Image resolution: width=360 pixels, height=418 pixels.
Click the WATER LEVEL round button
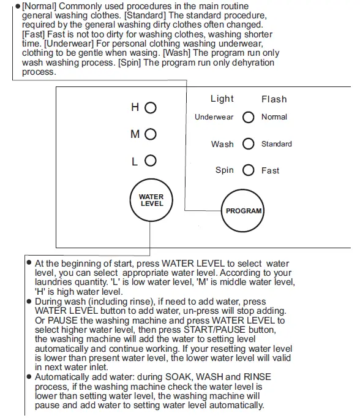(x=152, y=200)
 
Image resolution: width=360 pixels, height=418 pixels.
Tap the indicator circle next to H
(x=151, y=108)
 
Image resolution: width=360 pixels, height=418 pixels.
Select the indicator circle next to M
(x=151, y=134)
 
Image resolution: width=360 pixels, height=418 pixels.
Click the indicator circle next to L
(x=151, y=161)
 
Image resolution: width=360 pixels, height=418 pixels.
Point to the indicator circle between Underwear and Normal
(x=248, y=117)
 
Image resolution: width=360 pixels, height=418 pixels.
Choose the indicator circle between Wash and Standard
(x=248, y=144)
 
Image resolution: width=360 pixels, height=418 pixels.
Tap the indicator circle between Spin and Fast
(x=248, y=170)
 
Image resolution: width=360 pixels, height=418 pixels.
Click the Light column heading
(x=222, y=99)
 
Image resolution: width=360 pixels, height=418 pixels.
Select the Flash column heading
(x=274, y=99)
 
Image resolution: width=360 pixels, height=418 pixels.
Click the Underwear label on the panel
(x=214, y=117)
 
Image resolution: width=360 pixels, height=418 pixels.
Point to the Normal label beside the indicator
(x=274, y=117)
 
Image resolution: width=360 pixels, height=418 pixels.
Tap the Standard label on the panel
(x=276, y=144)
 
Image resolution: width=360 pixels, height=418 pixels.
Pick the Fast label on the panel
(x=270, y=170)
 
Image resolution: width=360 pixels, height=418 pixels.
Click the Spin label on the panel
(x=225, y=170)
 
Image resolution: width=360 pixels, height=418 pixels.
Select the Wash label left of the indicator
(x=222, y=144)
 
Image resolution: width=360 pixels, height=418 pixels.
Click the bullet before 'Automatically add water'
(x=29, y=376)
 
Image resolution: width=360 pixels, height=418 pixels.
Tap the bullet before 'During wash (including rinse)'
(x=29, y=302)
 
